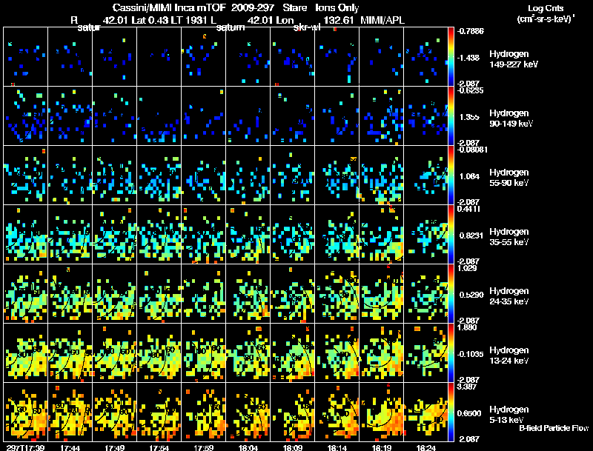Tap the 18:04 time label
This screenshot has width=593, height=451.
251,447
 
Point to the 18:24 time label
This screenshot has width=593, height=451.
426,447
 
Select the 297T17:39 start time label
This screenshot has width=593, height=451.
24,447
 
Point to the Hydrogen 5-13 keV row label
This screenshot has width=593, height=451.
510,414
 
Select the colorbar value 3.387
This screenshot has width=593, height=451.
470,386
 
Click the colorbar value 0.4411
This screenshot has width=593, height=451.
470,209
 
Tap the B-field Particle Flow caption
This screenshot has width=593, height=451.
553,428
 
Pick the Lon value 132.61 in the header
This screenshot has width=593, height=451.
338,21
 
